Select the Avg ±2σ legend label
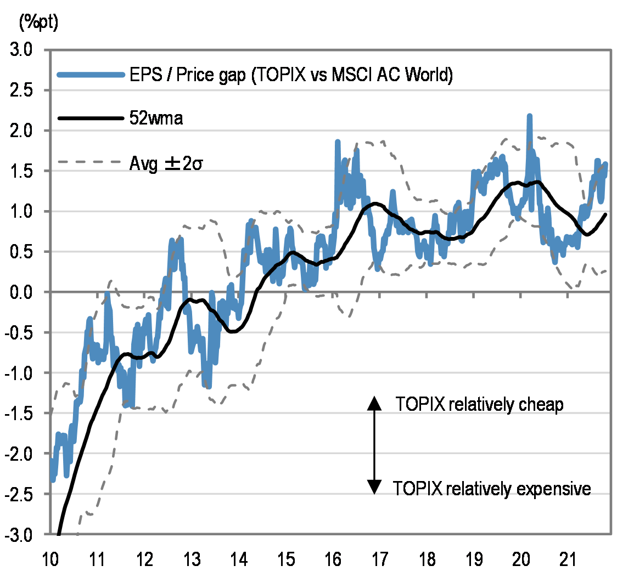point(166,163)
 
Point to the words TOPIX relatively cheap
point(479,405)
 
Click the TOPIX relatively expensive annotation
point(492,488)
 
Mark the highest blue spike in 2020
point(529,117)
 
